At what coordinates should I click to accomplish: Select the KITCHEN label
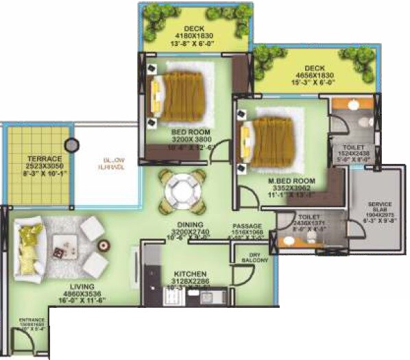pos(191,274)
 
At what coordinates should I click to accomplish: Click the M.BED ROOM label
pos(272,181)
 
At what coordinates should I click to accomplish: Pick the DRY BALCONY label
pos(260,258)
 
